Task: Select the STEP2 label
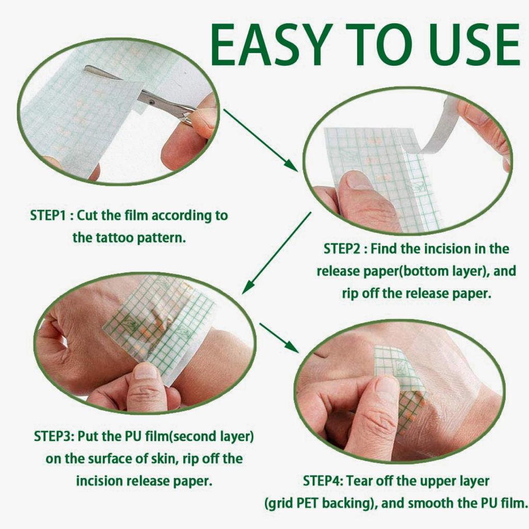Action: (343, 248)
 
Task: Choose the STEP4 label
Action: (322, 480)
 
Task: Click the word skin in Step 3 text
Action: (172, 458)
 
